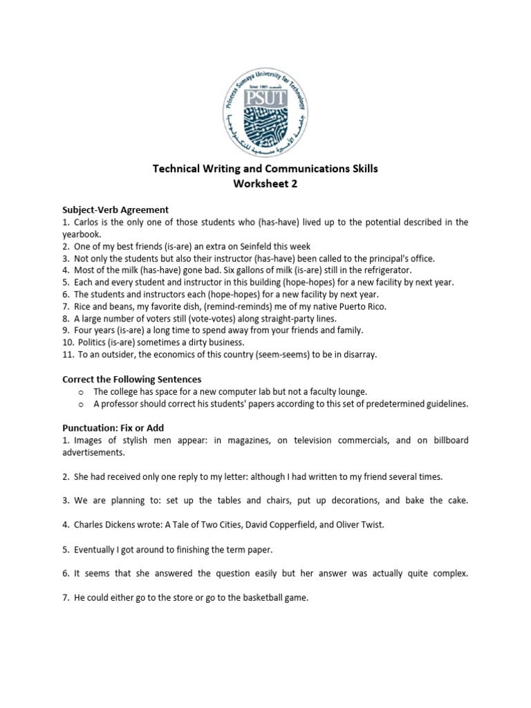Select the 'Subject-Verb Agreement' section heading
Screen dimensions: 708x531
point(115,209)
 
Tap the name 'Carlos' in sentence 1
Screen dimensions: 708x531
point(88,222)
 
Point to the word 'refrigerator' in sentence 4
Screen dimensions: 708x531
point(385,270)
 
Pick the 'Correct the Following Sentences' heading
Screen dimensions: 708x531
point(131,379)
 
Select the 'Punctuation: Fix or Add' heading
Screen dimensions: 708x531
point(113,428)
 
